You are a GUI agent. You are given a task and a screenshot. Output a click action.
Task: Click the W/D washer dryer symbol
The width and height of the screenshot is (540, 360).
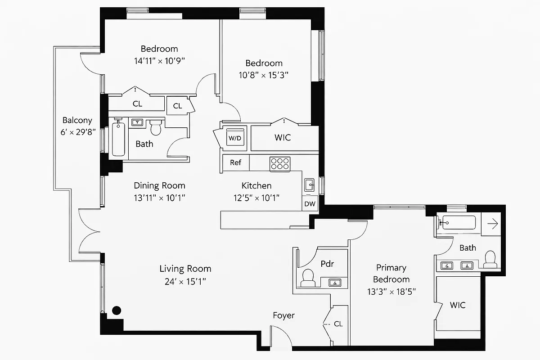pos(235,138)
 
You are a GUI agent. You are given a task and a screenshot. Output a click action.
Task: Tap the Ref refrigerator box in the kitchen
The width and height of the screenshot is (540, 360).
pos(235,162)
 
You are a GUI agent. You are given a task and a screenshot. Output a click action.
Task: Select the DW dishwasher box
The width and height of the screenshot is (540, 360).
pos(310,203)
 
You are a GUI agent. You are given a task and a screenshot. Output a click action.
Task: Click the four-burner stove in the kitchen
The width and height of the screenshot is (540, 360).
pos(280,163)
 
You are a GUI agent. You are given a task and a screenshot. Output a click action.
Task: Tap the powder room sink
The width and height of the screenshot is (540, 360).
pos(335,283)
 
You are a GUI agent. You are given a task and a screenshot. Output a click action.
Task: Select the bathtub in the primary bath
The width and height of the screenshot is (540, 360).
pos(459,222)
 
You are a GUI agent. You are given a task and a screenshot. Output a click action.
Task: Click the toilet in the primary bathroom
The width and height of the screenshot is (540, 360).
pos(490,259)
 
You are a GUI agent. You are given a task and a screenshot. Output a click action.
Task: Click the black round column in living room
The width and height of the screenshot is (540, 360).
pos(117,310)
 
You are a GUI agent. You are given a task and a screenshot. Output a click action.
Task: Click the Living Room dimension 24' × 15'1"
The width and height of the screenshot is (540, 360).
pos(185,282)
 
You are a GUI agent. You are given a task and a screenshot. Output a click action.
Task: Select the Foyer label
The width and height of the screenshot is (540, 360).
pos(284,315)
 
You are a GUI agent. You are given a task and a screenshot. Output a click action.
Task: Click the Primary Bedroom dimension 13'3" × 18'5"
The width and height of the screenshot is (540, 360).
pos(391,291)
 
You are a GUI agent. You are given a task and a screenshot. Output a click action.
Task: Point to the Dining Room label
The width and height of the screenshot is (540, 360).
pos(159,185)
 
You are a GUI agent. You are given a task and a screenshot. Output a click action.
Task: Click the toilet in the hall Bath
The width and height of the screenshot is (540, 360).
pos(156,127)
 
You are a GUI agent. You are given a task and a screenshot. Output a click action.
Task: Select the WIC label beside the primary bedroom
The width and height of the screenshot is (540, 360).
pos(458,305)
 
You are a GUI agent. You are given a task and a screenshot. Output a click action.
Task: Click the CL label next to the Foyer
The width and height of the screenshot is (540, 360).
pos(338,324)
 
